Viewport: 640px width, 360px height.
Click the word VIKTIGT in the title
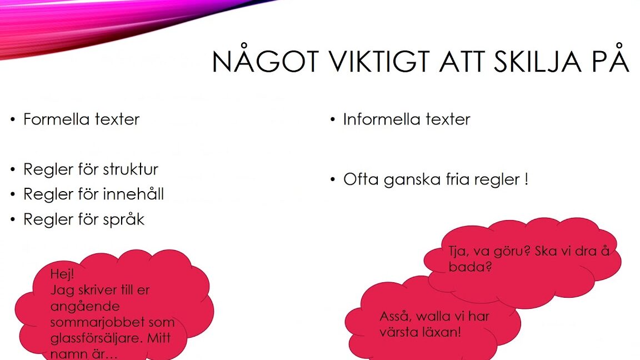pos(379,62)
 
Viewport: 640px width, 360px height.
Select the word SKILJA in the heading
pos(538,62)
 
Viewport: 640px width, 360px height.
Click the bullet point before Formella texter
pos(13,119)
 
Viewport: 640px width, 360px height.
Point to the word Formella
pos(56,119)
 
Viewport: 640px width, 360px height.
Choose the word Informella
pos(382,119)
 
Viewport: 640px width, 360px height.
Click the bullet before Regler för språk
pos(13,219)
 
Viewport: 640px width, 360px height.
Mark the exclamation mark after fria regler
pos(526,179)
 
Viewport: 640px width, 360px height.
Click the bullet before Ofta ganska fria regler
pos(333,179)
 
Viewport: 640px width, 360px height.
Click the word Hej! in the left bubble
pos(62,274)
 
